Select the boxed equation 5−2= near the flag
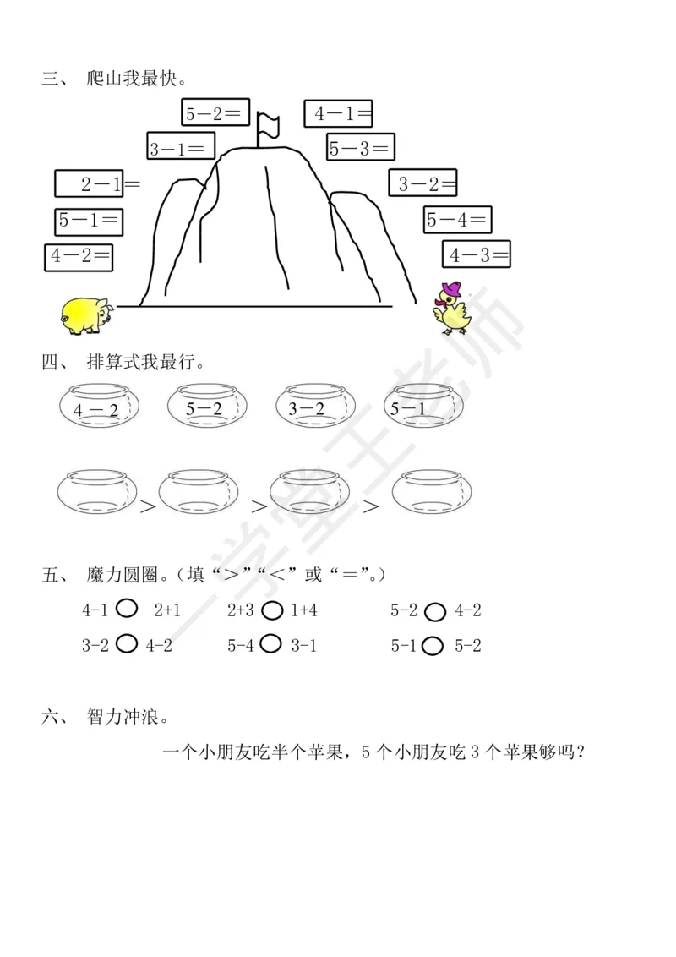point(216,112)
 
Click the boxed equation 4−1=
point(339,113)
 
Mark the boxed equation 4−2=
point(79,256)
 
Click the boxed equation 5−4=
point(457,221)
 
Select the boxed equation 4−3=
point(477,254)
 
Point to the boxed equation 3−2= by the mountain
point(423,183)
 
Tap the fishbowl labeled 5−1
point(422,409)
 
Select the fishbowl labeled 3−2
point(313,409)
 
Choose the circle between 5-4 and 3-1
point(271,644)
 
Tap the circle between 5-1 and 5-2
point(433,646)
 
